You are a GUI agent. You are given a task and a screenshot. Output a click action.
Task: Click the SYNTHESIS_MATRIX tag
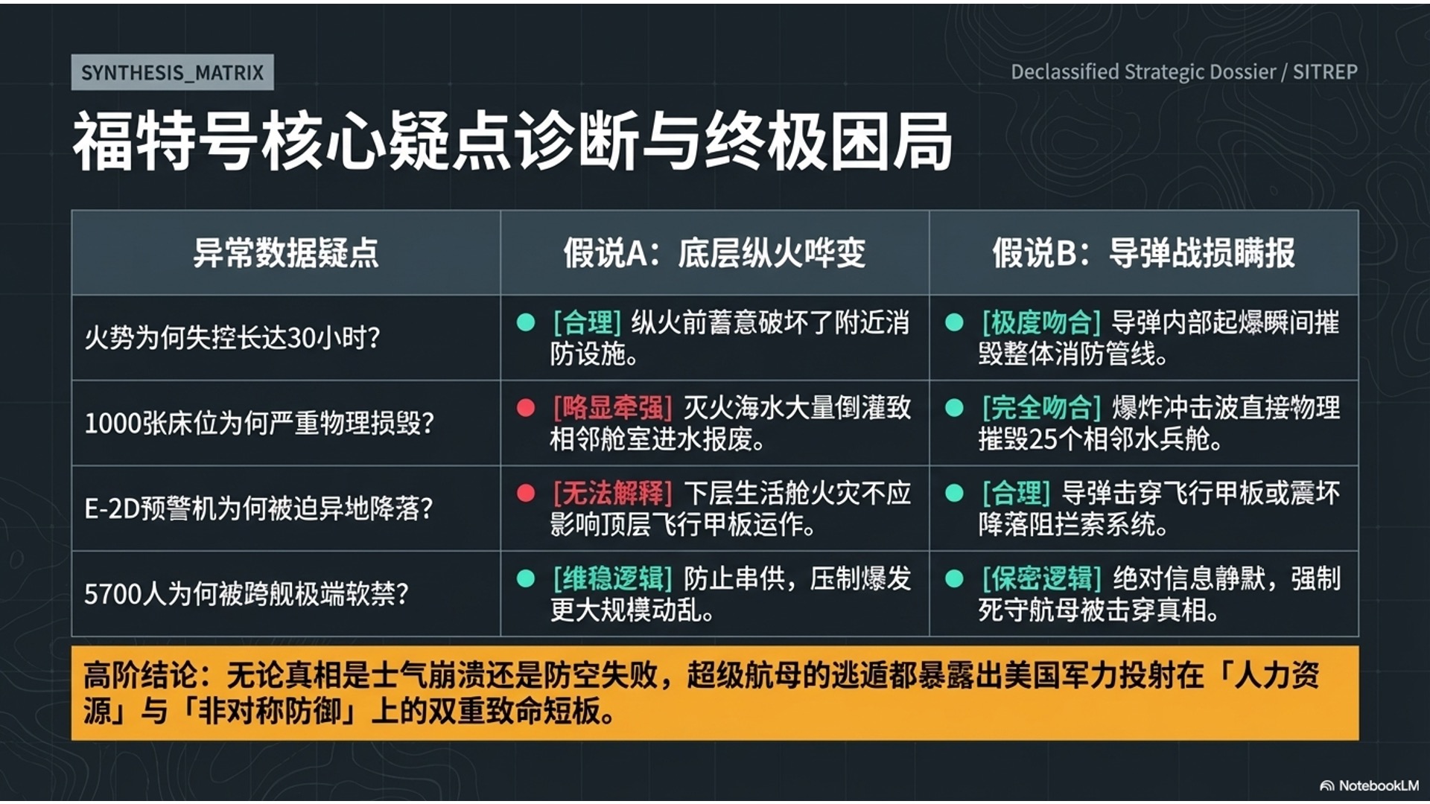coord(172,72)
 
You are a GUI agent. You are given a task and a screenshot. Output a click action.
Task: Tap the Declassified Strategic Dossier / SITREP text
coord(1183,72)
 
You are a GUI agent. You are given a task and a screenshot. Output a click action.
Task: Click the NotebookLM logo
coord(1369,785)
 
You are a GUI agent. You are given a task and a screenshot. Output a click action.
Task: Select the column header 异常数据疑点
coord(286,253)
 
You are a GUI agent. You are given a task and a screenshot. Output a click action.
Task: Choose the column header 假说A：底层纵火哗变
coord(714,253)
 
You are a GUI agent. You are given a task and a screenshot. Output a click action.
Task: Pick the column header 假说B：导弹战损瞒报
coord(1143,253)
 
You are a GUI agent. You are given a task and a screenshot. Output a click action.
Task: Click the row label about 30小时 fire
coord(232,338)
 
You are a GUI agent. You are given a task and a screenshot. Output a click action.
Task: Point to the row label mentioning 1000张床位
coord(259,424)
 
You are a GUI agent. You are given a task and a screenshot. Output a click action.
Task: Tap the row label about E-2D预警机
coord(258,509)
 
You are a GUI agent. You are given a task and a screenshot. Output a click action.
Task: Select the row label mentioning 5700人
coord(247,594)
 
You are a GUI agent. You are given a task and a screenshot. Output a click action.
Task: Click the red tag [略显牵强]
coord(612,408)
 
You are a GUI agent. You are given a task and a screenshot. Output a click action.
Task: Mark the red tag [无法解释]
coord(612,493)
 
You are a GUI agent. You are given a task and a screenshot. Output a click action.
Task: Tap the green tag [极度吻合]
coord(1040,322)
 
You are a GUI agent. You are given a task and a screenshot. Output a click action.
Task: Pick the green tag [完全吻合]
coord(1040,408)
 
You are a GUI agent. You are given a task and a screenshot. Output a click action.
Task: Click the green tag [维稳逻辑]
coord(612,578)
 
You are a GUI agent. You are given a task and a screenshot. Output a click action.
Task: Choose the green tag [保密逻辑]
coord(1040,578)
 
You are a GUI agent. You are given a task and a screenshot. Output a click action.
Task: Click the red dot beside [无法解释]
coord(526,493)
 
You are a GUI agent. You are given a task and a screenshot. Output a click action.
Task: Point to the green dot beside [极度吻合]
coord(954,322)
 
